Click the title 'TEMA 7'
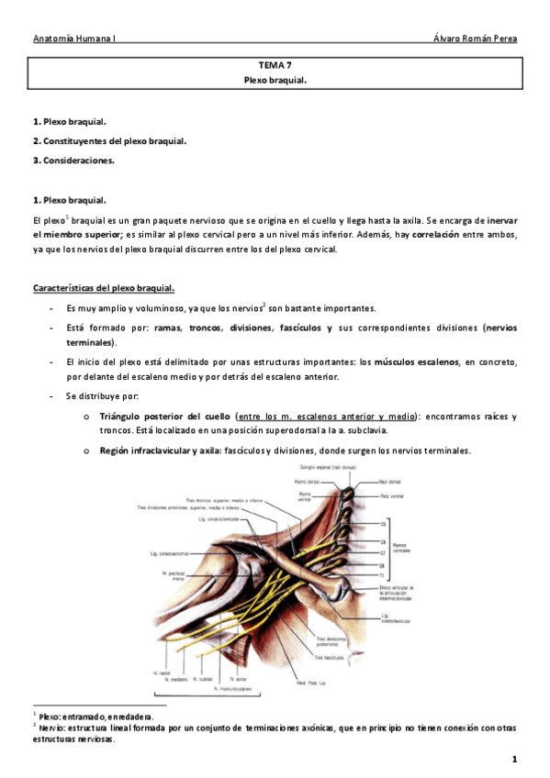[x=275, y=66]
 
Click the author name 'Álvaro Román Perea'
[x=474, y=39]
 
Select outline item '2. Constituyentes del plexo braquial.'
[x=109, y=141]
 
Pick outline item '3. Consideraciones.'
[x=73, y=161]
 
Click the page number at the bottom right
[x=515, y=759]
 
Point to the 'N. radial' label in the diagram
[x=163, y=672]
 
